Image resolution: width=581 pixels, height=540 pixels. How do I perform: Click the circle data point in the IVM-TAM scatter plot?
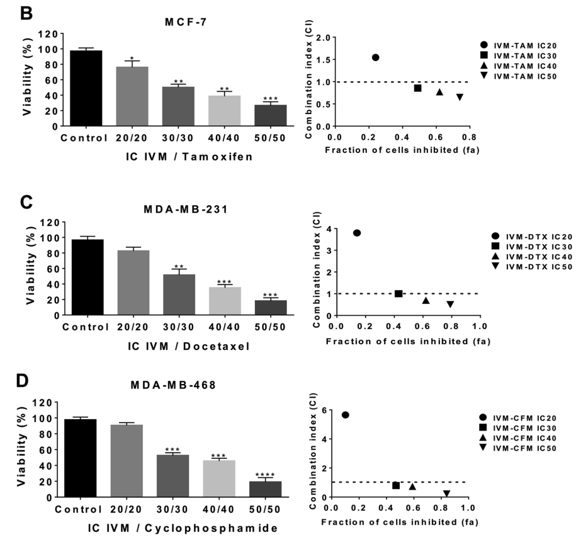pyautogui.click(x=375, y=57)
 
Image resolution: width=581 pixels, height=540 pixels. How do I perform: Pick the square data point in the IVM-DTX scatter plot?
pyautogui.click(x=398, y=294)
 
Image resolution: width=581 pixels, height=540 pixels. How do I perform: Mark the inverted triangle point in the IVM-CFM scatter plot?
pyautogui.click(x=446, y=494)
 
